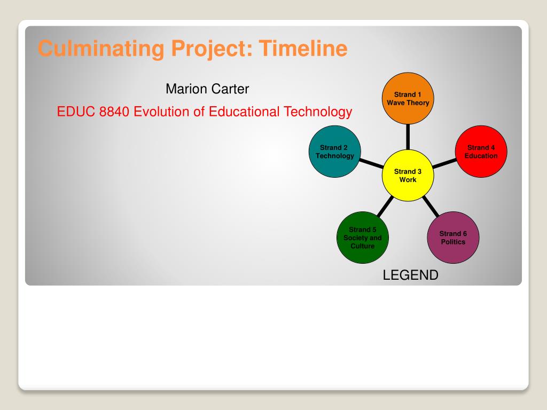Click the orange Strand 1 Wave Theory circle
pos(408,98)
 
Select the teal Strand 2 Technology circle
pos(334,152)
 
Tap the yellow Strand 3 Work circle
pos(408,175)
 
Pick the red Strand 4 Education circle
pos(481,152)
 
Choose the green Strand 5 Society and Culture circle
pos(363,238)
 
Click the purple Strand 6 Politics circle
pos(453,238)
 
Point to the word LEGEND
pos(411,275)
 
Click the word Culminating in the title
pos(101,49)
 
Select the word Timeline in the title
pos(303,48)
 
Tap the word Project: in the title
pos(212,49)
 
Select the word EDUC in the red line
pos(76,112)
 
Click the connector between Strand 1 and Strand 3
pos(408,137)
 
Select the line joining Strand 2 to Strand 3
pos(372,163)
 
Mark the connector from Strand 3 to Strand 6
pos(431,207)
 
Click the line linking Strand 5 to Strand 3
pos(385,207)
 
